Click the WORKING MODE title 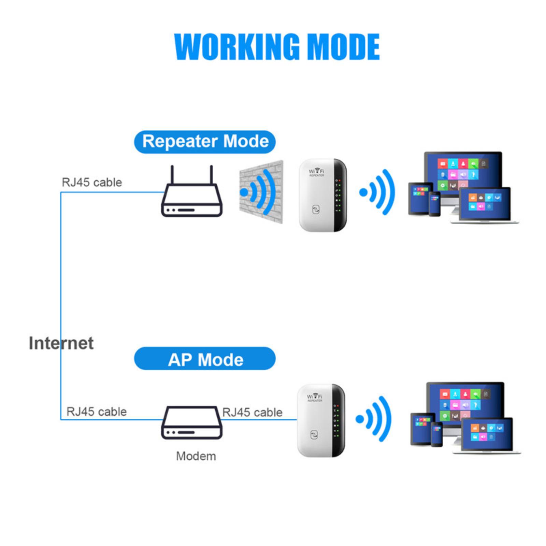point(277,47)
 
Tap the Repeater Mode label point(205,142)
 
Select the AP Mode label point(205,359)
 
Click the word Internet point(61,343)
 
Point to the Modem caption point(196,456)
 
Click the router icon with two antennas point(191,196)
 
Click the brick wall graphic point(261,192)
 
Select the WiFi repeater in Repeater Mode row point(322,195)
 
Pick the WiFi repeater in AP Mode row point(321,420)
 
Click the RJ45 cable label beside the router point(92,182)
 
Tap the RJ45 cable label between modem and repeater point(252,412)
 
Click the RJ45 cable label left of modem point(97,412)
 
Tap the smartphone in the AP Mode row point(436,434)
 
